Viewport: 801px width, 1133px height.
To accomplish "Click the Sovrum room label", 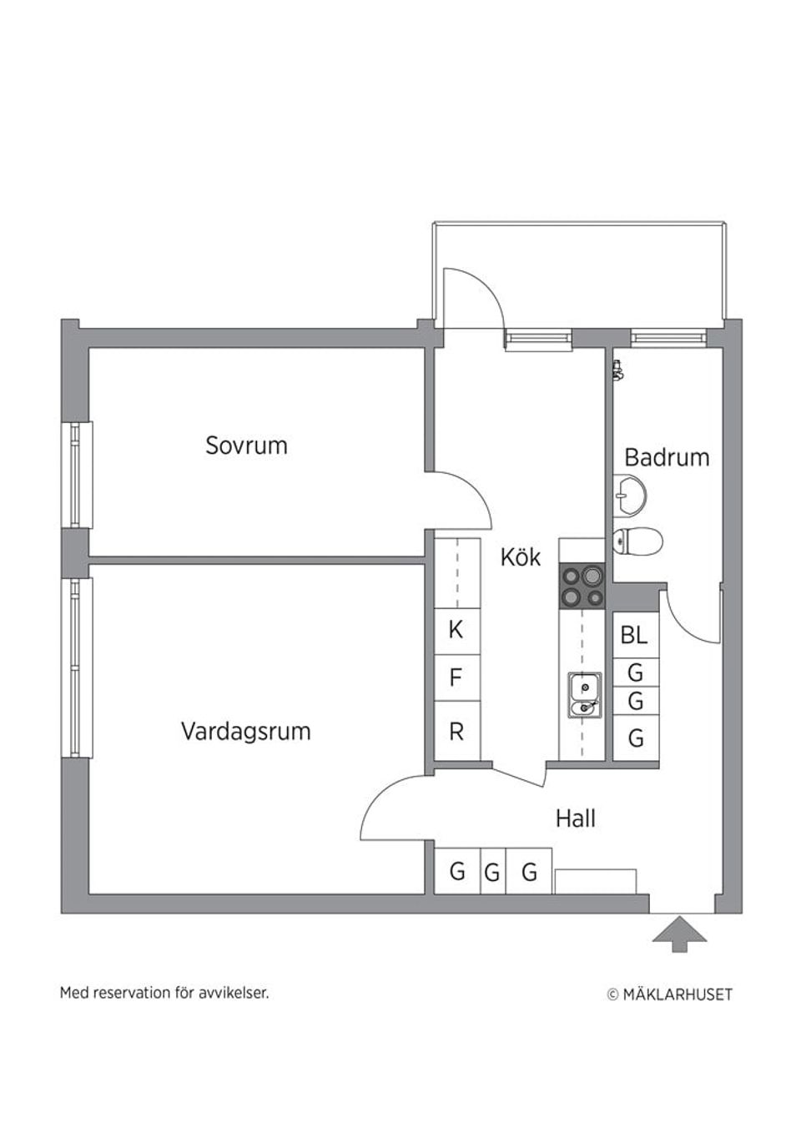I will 246,446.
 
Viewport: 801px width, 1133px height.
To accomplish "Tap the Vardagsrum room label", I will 245,732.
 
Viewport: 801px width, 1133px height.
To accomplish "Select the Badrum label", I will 667,457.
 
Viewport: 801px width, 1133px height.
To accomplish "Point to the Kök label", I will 520,557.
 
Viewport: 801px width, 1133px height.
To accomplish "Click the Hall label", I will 575,818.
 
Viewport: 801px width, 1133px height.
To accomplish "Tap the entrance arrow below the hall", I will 679,934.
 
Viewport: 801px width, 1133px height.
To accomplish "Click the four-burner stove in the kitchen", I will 582,586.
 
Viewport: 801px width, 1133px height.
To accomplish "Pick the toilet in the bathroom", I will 637,541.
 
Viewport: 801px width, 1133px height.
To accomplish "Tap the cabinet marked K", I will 456,630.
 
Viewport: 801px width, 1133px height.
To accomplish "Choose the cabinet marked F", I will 456,677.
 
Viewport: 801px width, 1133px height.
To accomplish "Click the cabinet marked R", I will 456,732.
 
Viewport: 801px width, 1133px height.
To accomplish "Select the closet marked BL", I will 635,635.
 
